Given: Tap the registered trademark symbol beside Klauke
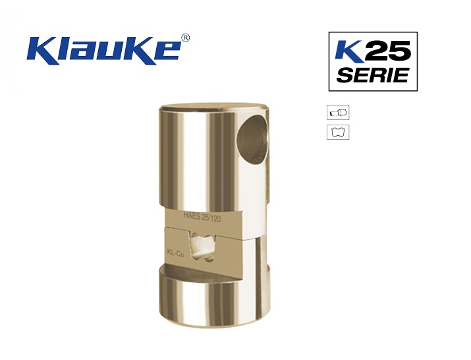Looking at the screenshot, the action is coord(186,38).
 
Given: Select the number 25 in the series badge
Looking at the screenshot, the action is coord(389,51).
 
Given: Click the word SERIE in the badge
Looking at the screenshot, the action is coord(372,75).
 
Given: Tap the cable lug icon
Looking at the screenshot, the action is coord(338,113).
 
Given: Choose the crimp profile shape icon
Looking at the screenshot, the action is coord(338,133).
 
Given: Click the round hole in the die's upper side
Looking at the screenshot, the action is coord(252,139).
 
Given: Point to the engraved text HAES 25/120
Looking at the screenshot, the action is coord(202,217).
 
